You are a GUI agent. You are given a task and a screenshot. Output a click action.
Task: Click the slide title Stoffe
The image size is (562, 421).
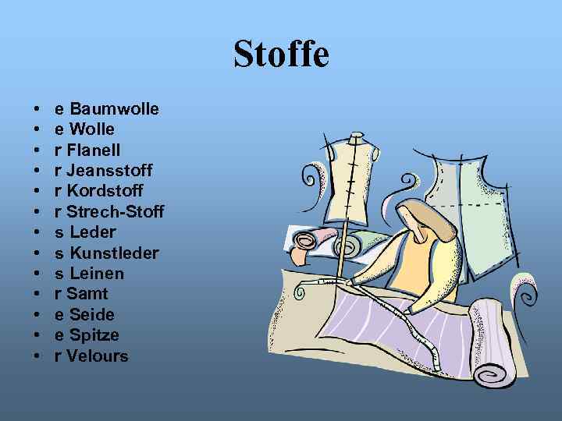[x=281, y=55]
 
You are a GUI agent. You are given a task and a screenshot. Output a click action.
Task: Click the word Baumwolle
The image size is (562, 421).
[x=114, y=108]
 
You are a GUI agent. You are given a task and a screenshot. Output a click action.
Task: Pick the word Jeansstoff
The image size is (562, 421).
[x=110, y=170]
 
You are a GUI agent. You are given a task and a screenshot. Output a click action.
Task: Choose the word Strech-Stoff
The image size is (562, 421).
[x=116, y=211]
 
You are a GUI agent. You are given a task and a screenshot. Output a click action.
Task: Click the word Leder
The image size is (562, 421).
[x=92, y=232]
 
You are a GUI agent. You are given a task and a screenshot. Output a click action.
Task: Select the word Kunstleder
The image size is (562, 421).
[x=114, y=253]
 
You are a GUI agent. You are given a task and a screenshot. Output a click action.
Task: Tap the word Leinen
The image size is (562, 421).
[x=97, y=273]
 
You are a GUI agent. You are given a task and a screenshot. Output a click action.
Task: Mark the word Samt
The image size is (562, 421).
[x=87, y=294]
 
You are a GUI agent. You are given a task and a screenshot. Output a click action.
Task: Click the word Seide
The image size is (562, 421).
[x=92, y=314]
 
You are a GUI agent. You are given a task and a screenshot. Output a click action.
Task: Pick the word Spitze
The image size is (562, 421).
[x=94, y=335]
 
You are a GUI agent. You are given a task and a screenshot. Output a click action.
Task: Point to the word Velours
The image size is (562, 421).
[x=98, y=356]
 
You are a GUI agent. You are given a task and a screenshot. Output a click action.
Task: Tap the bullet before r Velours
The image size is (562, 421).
[x=37, y=356]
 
